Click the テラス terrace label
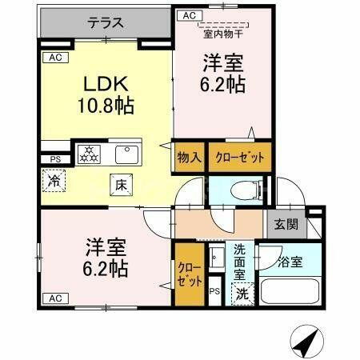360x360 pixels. pos(106,22)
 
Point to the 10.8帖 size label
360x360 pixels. pos(107,105)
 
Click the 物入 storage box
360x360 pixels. pos(189,157)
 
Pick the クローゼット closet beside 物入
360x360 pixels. pos(239,157)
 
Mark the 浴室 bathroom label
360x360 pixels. pos(290,262)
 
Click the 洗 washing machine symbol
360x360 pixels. pos(241,294)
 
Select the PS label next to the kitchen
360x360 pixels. pos(54,159)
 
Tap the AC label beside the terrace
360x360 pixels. pos(189,15)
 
